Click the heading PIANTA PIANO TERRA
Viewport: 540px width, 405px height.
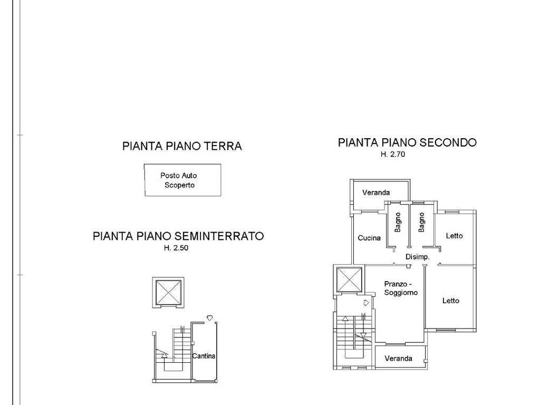(x=182, y=146)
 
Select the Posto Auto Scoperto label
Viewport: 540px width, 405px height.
(x=179, y=180)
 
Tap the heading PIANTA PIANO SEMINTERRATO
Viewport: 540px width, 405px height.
(x=178, y=236)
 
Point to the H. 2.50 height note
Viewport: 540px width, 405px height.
(x=176, y=248)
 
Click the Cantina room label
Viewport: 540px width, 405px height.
(x=204, y=356)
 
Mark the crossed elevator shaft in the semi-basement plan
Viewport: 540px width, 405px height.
(x=168, y=292)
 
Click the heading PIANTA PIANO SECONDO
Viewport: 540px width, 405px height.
(x=407, y=142)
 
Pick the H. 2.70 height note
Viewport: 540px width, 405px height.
(x=392, y=155)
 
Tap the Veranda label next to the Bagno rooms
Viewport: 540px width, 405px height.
(x=376, y=192)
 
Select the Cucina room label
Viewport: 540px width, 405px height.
(x=369, y=238)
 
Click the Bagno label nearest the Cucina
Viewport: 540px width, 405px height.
(x=398, y=222)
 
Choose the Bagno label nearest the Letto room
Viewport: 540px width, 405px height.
(x=421, y=222)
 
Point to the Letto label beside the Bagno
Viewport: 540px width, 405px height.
(x=454, y=236)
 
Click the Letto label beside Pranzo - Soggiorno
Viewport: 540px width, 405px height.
(x=451, y=301)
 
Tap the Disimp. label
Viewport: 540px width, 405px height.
(x=418, y=257)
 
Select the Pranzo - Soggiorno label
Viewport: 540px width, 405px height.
(x=401, y=288)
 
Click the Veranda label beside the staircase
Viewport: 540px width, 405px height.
(x=398, y=359)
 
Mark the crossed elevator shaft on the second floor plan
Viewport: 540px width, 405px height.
(x=349, y=279)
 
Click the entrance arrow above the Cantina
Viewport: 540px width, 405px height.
(x=209, y=318)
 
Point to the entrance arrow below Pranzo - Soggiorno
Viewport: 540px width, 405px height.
(x=367, y=303)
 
